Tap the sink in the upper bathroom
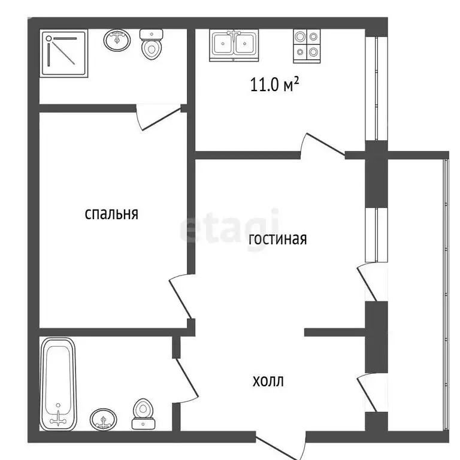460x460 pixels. [118, 41]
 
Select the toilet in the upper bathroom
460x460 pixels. [151, 46]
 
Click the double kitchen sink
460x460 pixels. [235, 44]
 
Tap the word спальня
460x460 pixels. [111, 213]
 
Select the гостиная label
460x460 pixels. [277, 239]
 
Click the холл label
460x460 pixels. [268, 380]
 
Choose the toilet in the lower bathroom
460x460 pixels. [143, 413]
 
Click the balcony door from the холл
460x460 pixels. [368, 393]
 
